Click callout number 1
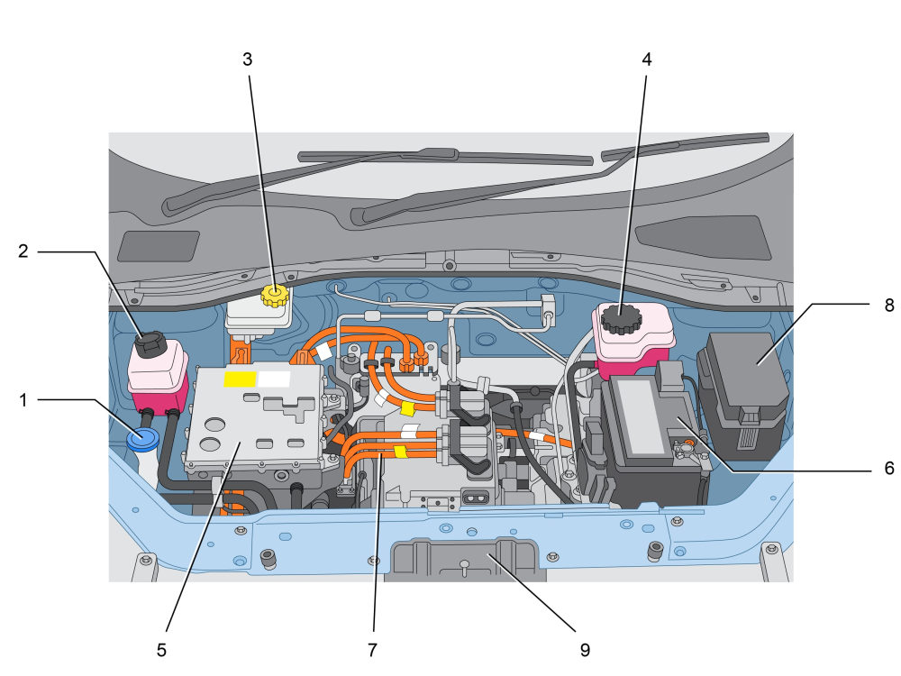point(23,400)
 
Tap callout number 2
point(23,251)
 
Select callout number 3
point(247,59)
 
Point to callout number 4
point(646,59)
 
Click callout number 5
point(161,650)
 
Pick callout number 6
point(889,469)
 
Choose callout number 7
point(372,650)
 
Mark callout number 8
point(889,306)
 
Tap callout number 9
point(585,650)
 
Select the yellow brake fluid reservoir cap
point(275,296)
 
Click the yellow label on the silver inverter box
point(240,379)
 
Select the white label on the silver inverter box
point(274,379)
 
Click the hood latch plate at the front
point(466,560)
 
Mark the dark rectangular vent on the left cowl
point(158,246)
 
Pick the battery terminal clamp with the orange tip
point(687,446)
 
